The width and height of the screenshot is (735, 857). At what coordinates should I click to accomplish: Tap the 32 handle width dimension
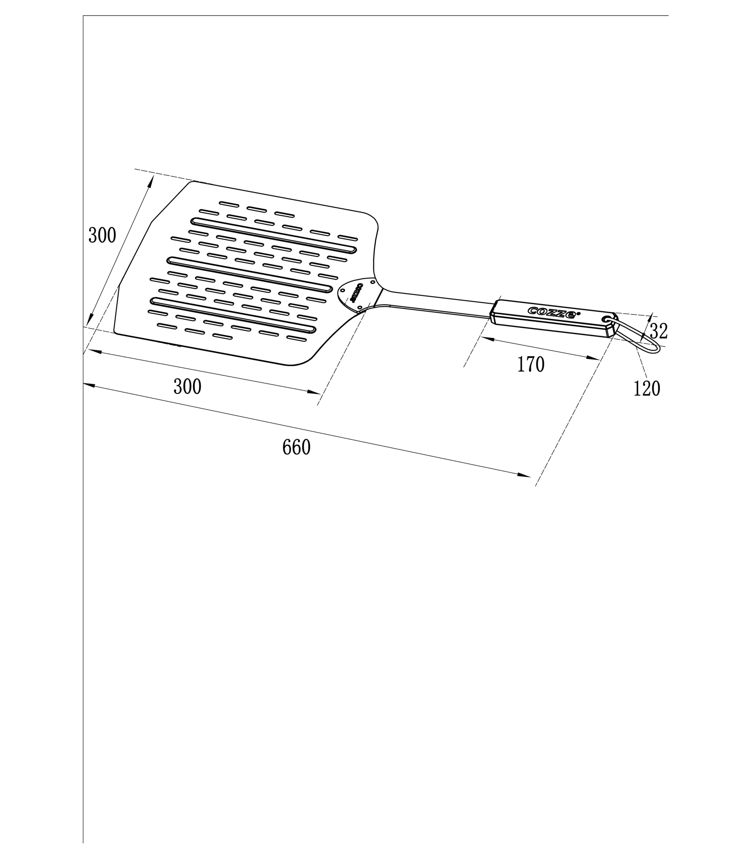click(x=658, y=331)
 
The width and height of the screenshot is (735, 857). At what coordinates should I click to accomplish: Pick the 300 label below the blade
click(x=187, y=387)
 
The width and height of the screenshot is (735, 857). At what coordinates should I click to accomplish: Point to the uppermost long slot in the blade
click(x=274, y=235)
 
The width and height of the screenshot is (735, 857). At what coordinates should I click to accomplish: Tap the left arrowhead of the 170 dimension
click(x=488, y=339)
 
